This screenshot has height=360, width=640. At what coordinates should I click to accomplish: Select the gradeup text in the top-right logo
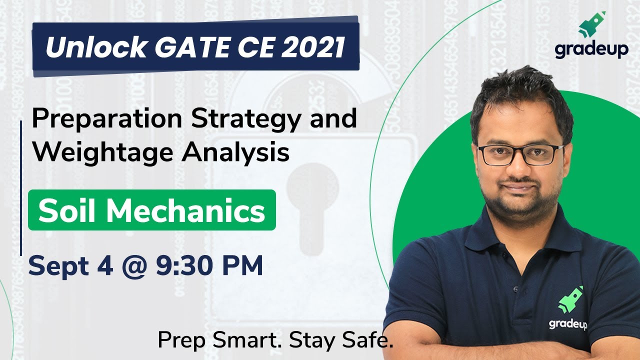[591, 50]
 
